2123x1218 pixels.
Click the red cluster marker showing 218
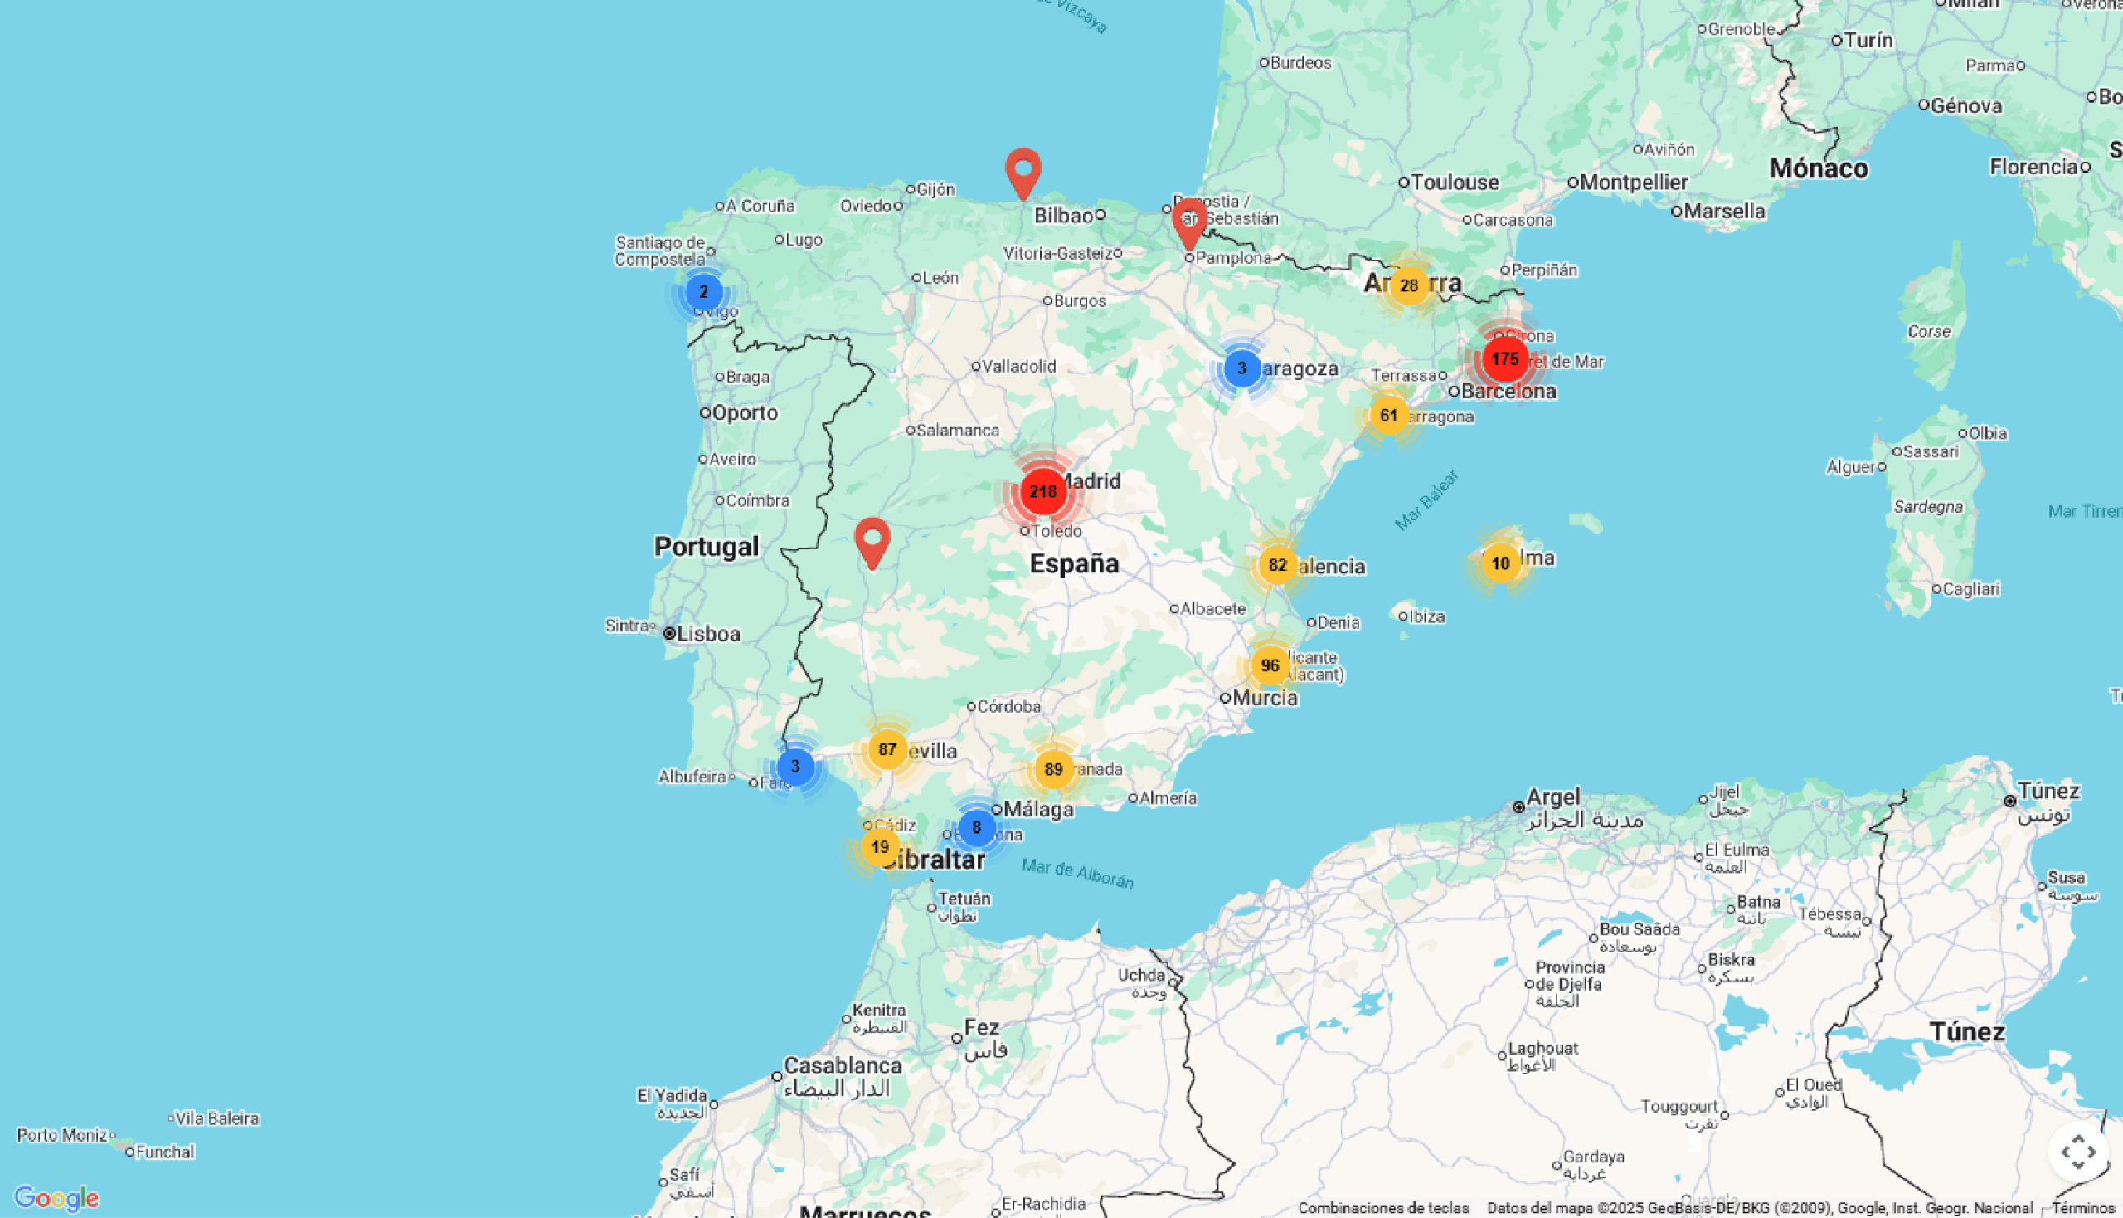(1042, 492)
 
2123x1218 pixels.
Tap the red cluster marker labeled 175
(1504, 360)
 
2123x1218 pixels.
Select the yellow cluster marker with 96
(1270, 666)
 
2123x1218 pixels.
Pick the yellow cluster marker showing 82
(1277, 566)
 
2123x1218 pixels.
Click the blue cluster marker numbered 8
(976, 828)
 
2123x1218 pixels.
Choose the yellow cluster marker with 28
(1409, 286)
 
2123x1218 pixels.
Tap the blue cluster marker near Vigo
(703, 293)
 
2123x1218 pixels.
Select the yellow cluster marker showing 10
(1500, 564)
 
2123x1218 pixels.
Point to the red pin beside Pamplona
(1188, 222)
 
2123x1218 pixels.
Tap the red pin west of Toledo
(872, 541)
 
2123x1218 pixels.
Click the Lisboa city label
(707, 634)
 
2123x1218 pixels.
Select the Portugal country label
(707, 547)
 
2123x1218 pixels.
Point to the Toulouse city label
(1454, 183)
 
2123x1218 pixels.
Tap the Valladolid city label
(1018, 367)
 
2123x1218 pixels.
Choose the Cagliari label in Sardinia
(1970, 590)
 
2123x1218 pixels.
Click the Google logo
(57, 1198)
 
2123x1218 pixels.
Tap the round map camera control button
(2078, 1152)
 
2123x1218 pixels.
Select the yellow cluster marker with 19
(879, 847)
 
